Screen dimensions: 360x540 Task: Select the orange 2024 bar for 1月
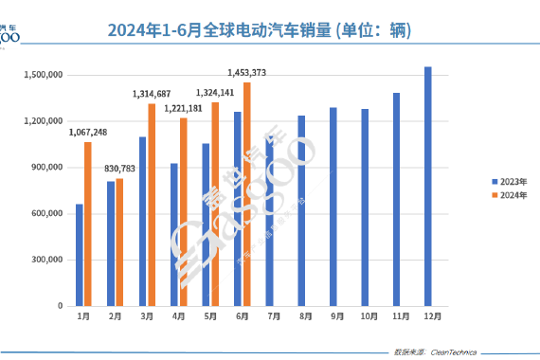point(88,224)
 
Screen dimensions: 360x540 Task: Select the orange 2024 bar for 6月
point(247,194)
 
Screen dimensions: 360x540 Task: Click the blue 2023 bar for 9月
point(333,207)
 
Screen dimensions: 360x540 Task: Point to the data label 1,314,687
point(151,94)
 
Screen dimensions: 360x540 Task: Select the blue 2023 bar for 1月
point(80,255)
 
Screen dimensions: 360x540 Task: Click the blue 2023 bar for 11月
point(397,199)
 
